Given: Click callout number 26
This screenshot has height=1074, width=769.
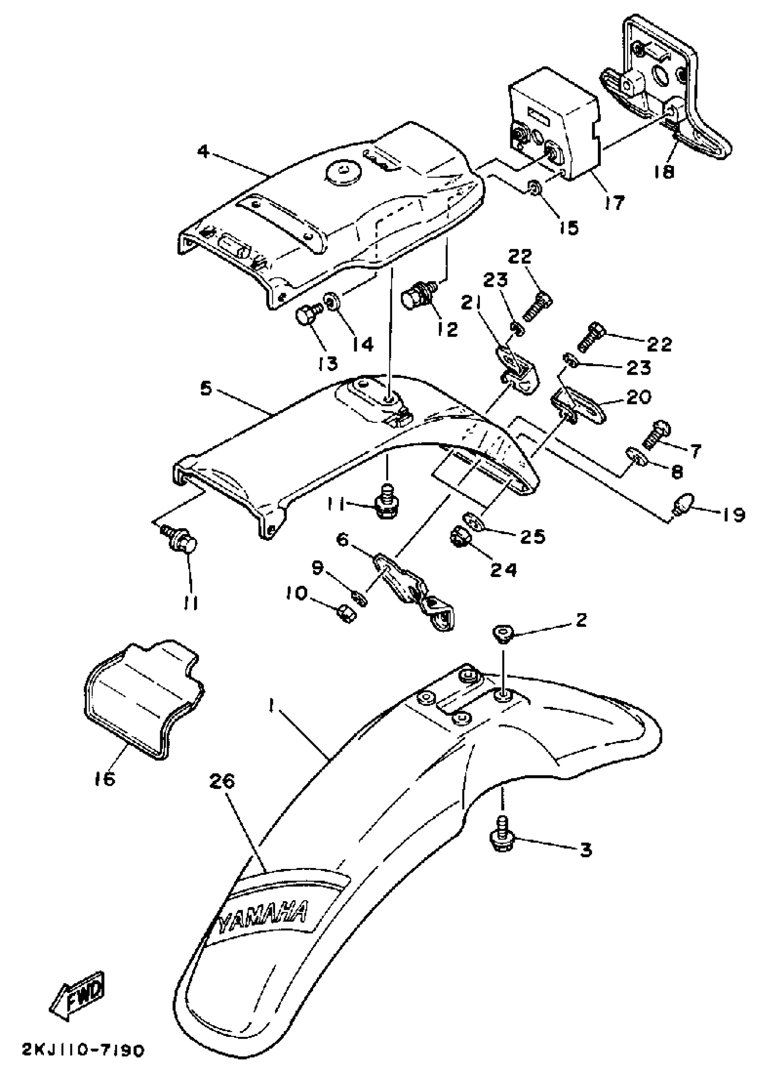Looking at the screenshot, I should tap(222, 782).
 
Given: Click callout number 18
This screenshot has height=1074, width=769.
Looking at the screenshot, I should tap(665, 172).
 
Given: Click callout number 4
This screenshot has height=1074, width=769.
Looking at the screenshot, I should tap(203, 153).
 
